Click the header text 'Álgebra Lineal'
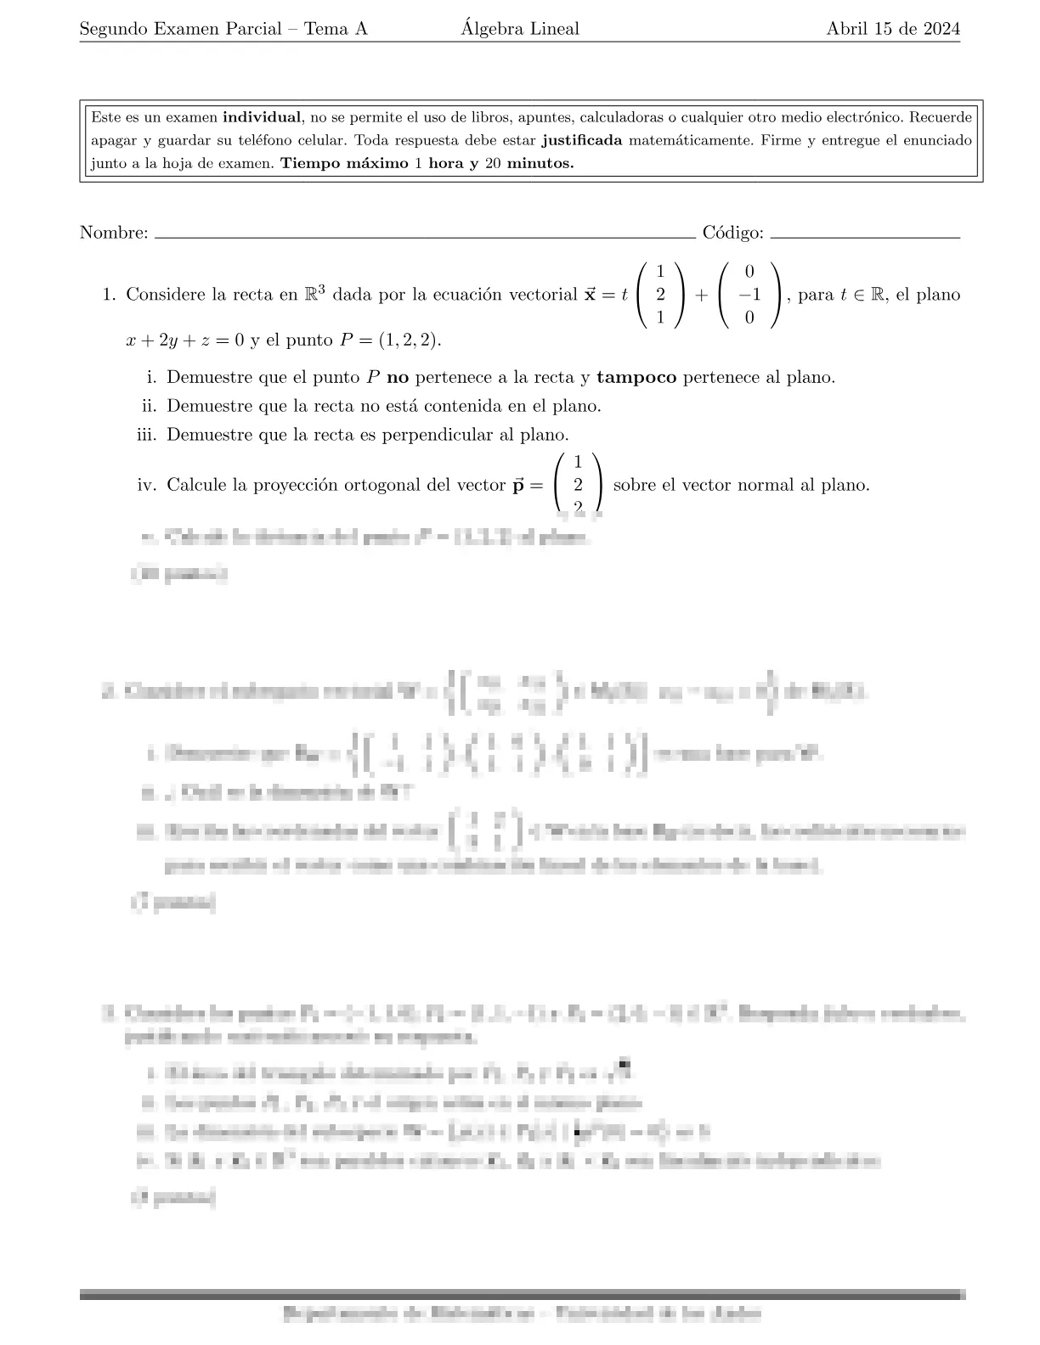point(520,29)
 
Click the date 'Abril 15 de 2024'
point(893,29)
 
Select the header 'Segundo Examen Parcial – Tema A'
point(223,29)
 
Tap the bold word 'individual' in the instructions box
point(262,117)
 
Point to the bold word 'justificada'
point(581,140)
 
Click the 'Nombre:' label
point(114,233)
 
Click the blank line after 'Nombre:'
point(425,237)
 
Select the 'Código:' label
point(733,233)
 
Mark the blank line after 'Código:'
point(865,237)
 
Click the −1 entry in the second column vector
point(748,295)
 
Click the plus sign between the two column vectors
point(701,295)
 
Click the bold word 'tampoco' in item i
point(636,377)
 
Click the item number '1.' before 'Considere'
point(109,295)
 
